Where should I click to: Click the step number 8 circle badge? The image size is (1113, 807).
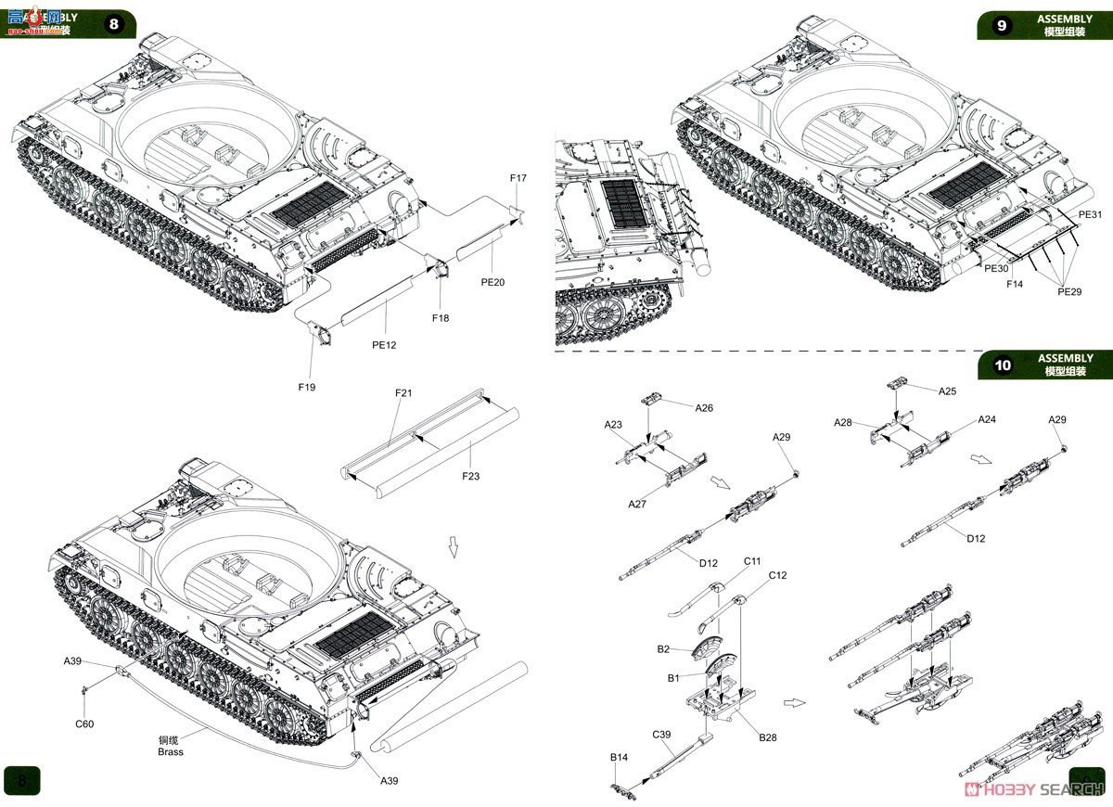pos(114,24)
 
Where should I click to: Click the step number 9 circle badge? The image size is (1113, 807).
pos(1001,25)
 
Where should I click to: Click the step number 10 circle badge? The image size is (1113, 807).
pos(1002,365)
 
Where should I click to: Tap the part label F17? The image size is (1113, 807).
pos(518,178)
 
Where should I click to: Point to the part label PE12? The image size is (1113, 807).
pos(384,345)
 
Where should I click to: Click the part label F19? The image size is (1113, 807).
pos(306,387)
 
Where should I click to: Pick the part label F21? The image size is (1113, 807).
pos(403,393)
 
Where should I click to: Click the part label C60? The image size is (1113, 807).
pos(84,724)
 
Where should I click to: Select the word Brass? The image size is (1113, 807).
pos(171,752)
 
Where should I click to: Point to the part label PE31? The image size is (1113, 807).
pos(1090,215)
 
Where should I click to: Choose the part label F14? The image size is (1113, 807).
pos(1015,284)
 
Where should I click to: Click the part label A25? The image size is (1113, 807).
pos(947,391)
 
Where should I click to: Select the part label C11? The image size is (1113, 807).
pos(752,561)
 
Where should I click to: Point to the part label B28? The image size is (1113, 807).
pos(768,737)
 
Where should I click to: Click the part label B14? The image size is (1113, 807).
pos(619,758)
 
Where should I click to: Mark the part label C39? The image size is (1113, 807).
pos(661,735)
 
